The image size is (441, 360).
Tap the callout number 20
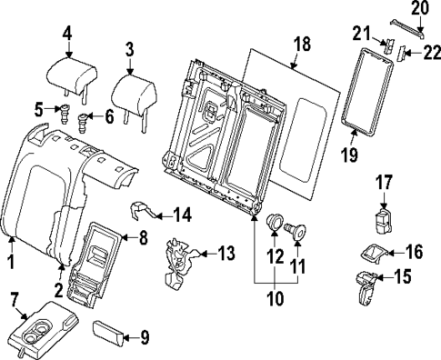(x=417, y=9)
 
